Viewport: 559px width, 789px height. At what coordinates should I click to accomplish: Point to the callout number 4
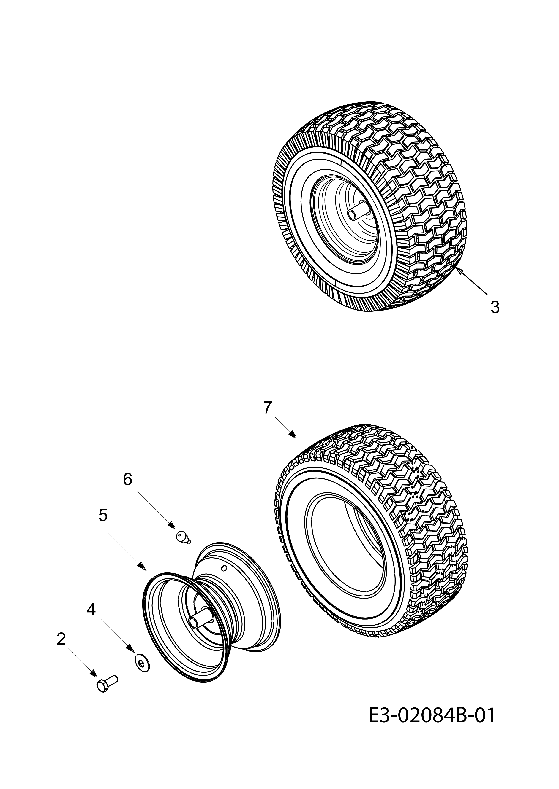pos(91,610)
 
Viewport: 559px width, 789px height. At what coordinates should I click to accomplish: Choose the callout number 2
pos(61,639)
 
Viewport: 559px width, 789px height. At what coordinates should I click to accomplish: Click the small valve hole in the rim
pos(224,567)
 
